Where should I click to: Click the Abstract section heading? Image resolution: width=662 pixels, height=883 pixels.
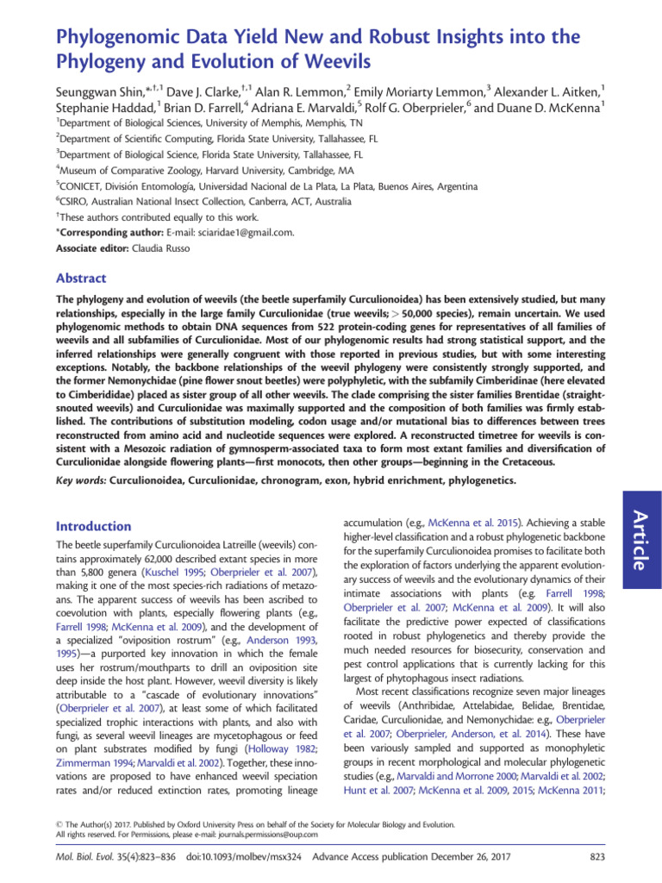click(81, 279)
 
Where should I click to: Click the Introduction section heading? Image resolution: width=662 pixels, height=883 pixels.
click(94, 526)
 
